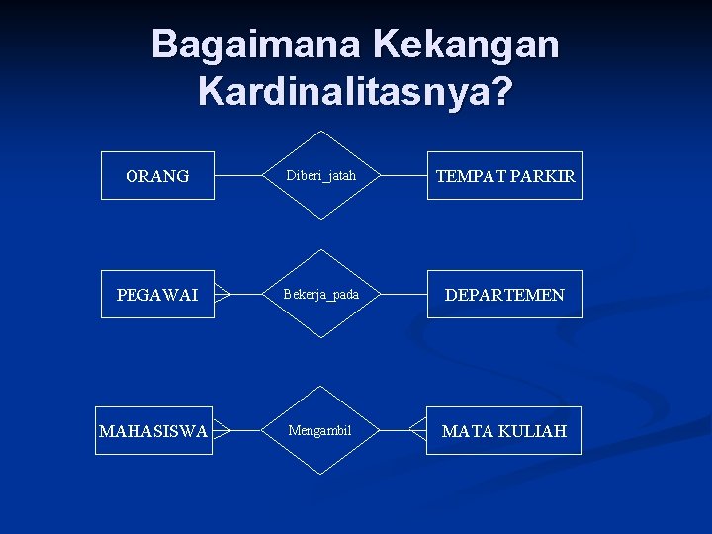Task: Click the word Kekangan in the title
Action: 466,44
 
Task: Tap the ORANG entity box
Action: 157,176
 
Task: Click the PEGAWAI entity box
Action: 157,295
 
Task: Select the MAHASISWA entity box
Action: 153,431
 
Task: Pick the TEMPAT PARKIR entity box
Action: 505,176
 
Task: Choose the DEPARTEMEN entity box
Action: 505,295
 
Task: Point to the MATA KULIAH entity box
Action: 504,431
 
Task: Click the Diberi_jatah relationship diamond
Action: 320,175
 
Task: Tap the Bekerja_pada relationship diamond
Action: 320,294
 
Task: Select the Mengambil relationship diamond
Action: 319,430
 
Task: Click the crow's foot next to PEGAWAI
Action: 222,294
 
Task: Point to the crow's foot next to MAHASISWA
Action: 222,430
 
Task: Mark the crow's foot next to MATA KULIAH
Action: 417,430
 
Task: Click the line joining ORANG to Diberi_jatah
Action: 237,176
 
